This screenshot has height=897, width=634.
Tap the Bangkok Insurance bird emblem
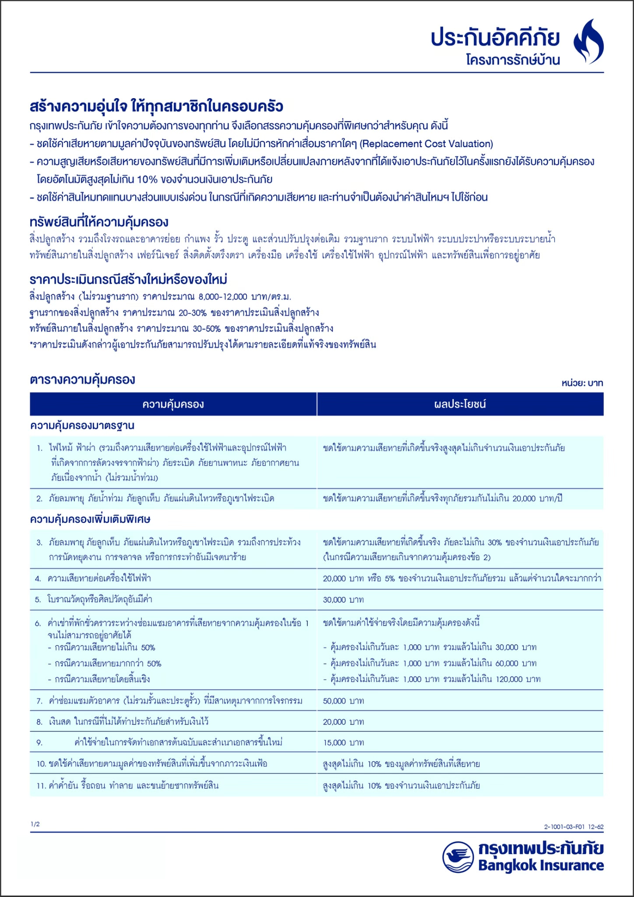pos(458,857)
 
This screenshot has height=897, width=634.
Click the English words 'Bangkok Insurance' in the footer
pos(541,865)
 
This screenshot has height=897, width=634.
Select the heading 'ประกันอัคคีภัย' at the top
pos(495,39)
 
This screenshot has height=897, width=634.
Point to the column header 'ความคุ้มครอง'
pos(173,404)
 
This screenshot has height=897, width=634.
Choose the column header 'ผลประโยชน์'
pos(460,404)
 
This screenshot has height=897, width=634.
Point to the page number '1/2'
pos(35,824)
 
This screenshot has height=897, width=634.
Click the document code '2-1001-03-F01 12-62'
pos(574,827)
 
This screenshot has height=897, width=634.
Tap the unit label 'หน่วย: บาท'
pos(582,383)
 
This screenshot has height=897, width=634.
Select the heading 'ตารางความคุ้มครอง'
pos(82,379)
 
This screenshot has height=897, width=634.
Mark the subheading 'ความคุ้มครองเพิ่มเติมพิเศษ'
pos(90,519)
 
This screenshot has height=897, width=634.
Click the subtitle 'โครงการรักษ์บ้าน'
pos(513,60)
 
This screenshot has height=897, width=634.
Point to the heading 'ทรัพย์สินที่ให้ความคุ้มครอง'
pos(99,222)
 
